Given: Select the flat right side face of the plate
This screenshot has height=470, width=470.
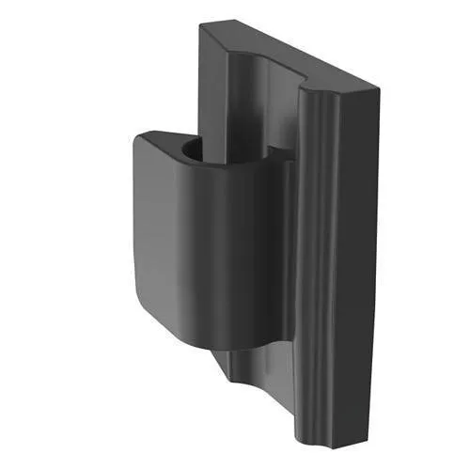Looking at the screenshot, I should coord(352,263).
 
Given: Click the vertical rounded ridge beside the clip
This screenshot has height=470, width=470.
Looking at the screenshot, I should coord(310,263).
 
